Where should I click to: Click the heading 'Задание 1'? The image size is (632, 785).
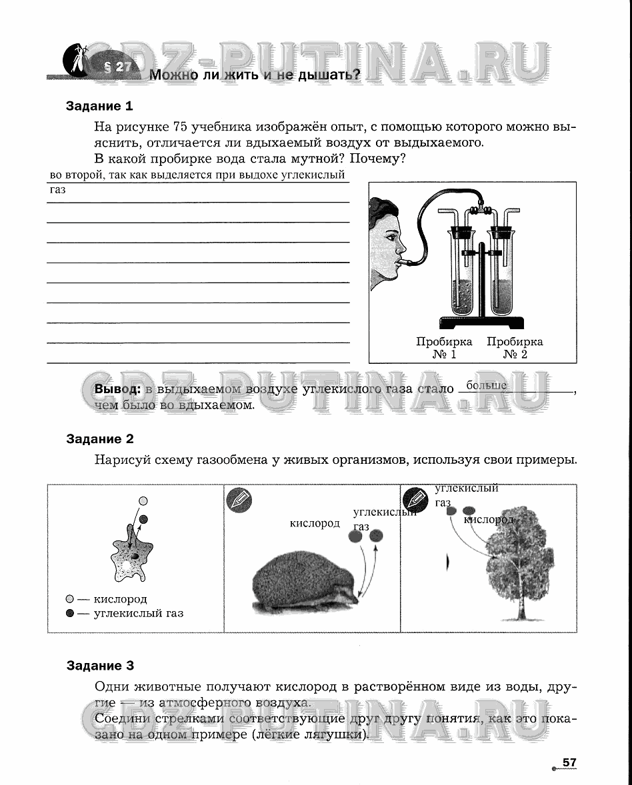[x=99, y=106]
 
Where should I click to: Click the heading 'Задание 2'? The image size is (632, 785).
[x=100, y=438]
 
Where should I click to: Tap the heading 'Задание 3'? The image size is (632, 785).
[x=100, y=665]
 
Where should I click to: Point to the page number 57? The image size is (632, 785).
[x=569, y=762]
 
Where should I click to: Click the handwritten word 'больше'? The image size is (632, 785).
[x=487, y=385]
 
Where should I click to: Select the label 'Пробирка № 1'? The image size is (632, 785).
[x=444, y=347]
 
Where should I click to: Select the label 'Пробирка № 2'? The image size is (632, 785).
[x=515, y=347]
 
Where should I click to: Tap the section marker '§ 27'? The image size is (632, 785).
[x=119, y=67]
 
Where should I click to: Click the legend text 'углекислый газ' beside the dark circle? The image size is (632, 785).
[x=139, y=612]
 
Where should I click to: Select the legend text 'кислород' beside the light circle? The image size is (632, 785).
[x=120, y=599]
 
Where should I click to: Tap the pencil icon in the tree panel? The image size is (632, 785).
[x=415, y=498]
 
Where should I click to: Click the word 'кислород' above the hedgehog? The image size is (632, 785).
[x=315, y=523]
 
